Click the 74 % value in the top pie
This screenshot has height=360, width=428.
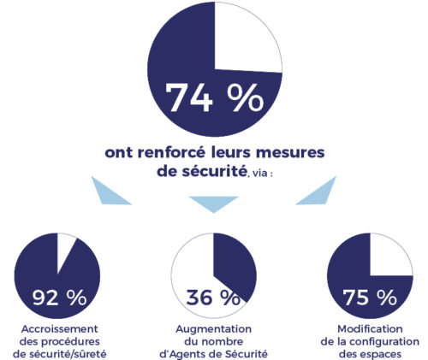(x=215, y=97)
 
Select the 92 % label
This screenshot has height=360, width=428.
(x=59, y=298)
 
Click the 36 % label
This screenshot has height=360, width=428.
(x=213, y=298)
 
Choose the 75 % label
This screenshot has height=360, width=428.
(x=370, y=298)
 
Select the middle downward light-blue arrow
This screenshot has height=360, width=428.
(x=214, y=203)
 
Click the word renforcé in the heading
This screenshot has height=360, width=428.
(x=172, y=152)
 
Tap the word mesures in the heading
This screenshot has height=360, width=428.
(x=290, y=153)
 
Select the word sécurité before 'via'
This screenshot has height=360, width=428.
(x=214, y=172)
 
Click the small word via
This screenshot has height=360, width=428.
(x=259, y=173)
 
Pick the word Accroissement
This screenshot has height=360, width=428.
(x=60, y=329)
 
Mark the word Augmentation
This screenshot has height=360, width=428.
(x=214, y=329)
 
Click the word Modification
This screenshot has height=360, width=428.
(x=370, y=329)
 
